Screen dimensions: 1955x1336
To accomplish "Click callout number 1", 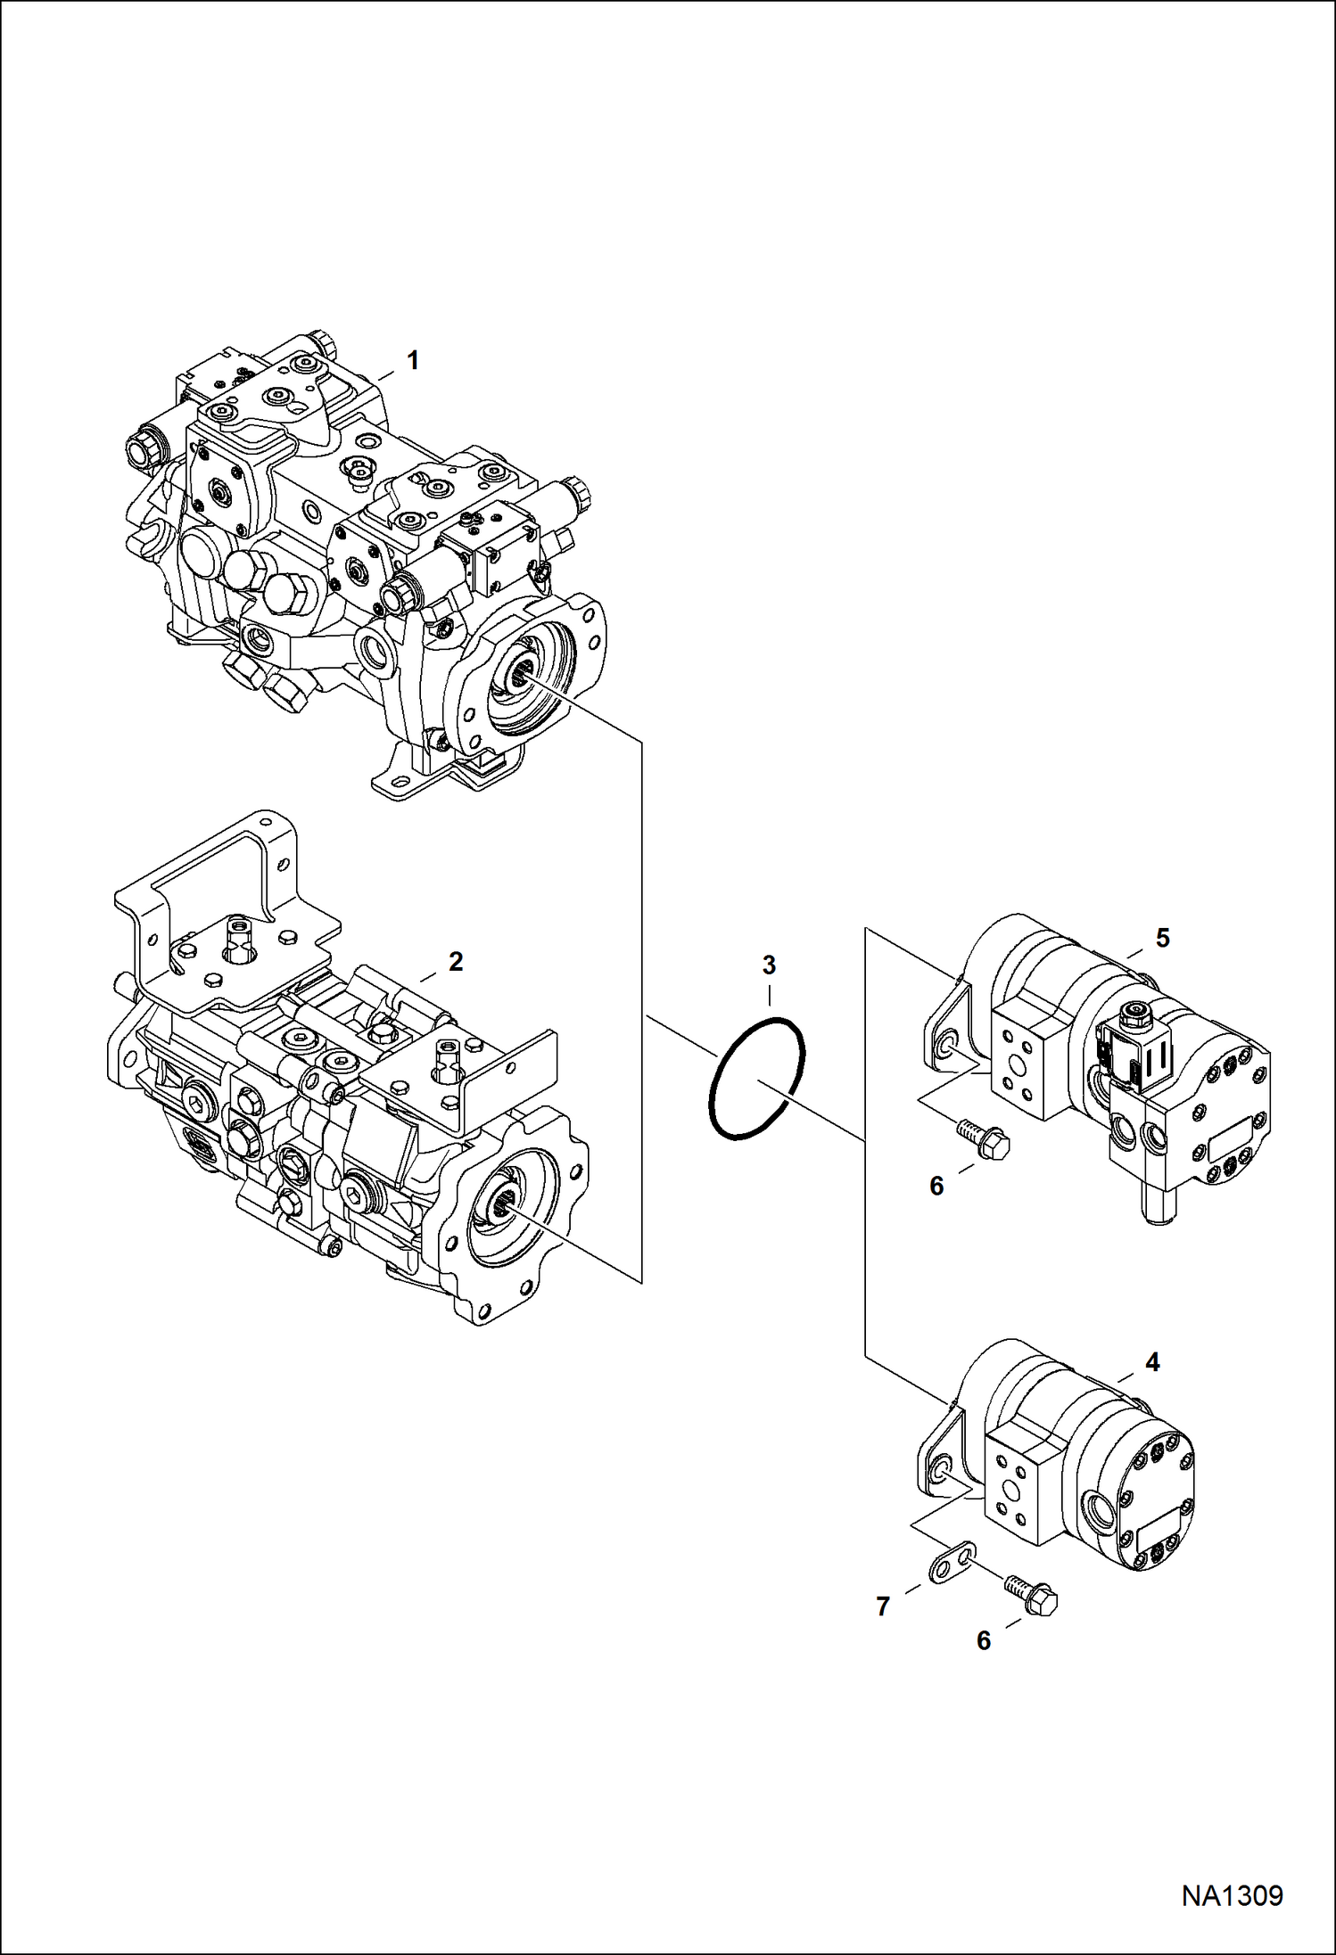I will click(412, 360).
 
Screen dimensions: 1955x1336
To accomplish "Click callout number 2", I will click(455, 962).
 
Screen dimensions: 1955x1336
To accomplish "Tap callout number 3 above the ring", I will click(769, 965).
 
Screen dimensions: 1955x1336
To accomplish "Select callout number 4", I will click(1151, 1361).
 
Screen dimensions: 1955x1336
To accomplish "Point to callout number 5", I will click(1162, 937).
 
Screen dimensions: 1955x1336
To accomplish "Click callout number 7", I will click(883, 1606).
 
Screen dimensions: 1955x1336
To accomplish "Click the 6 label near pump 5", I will click(936, 1186).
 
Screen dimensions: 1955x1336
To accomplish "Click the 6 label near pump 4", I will click(984, 1640).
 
